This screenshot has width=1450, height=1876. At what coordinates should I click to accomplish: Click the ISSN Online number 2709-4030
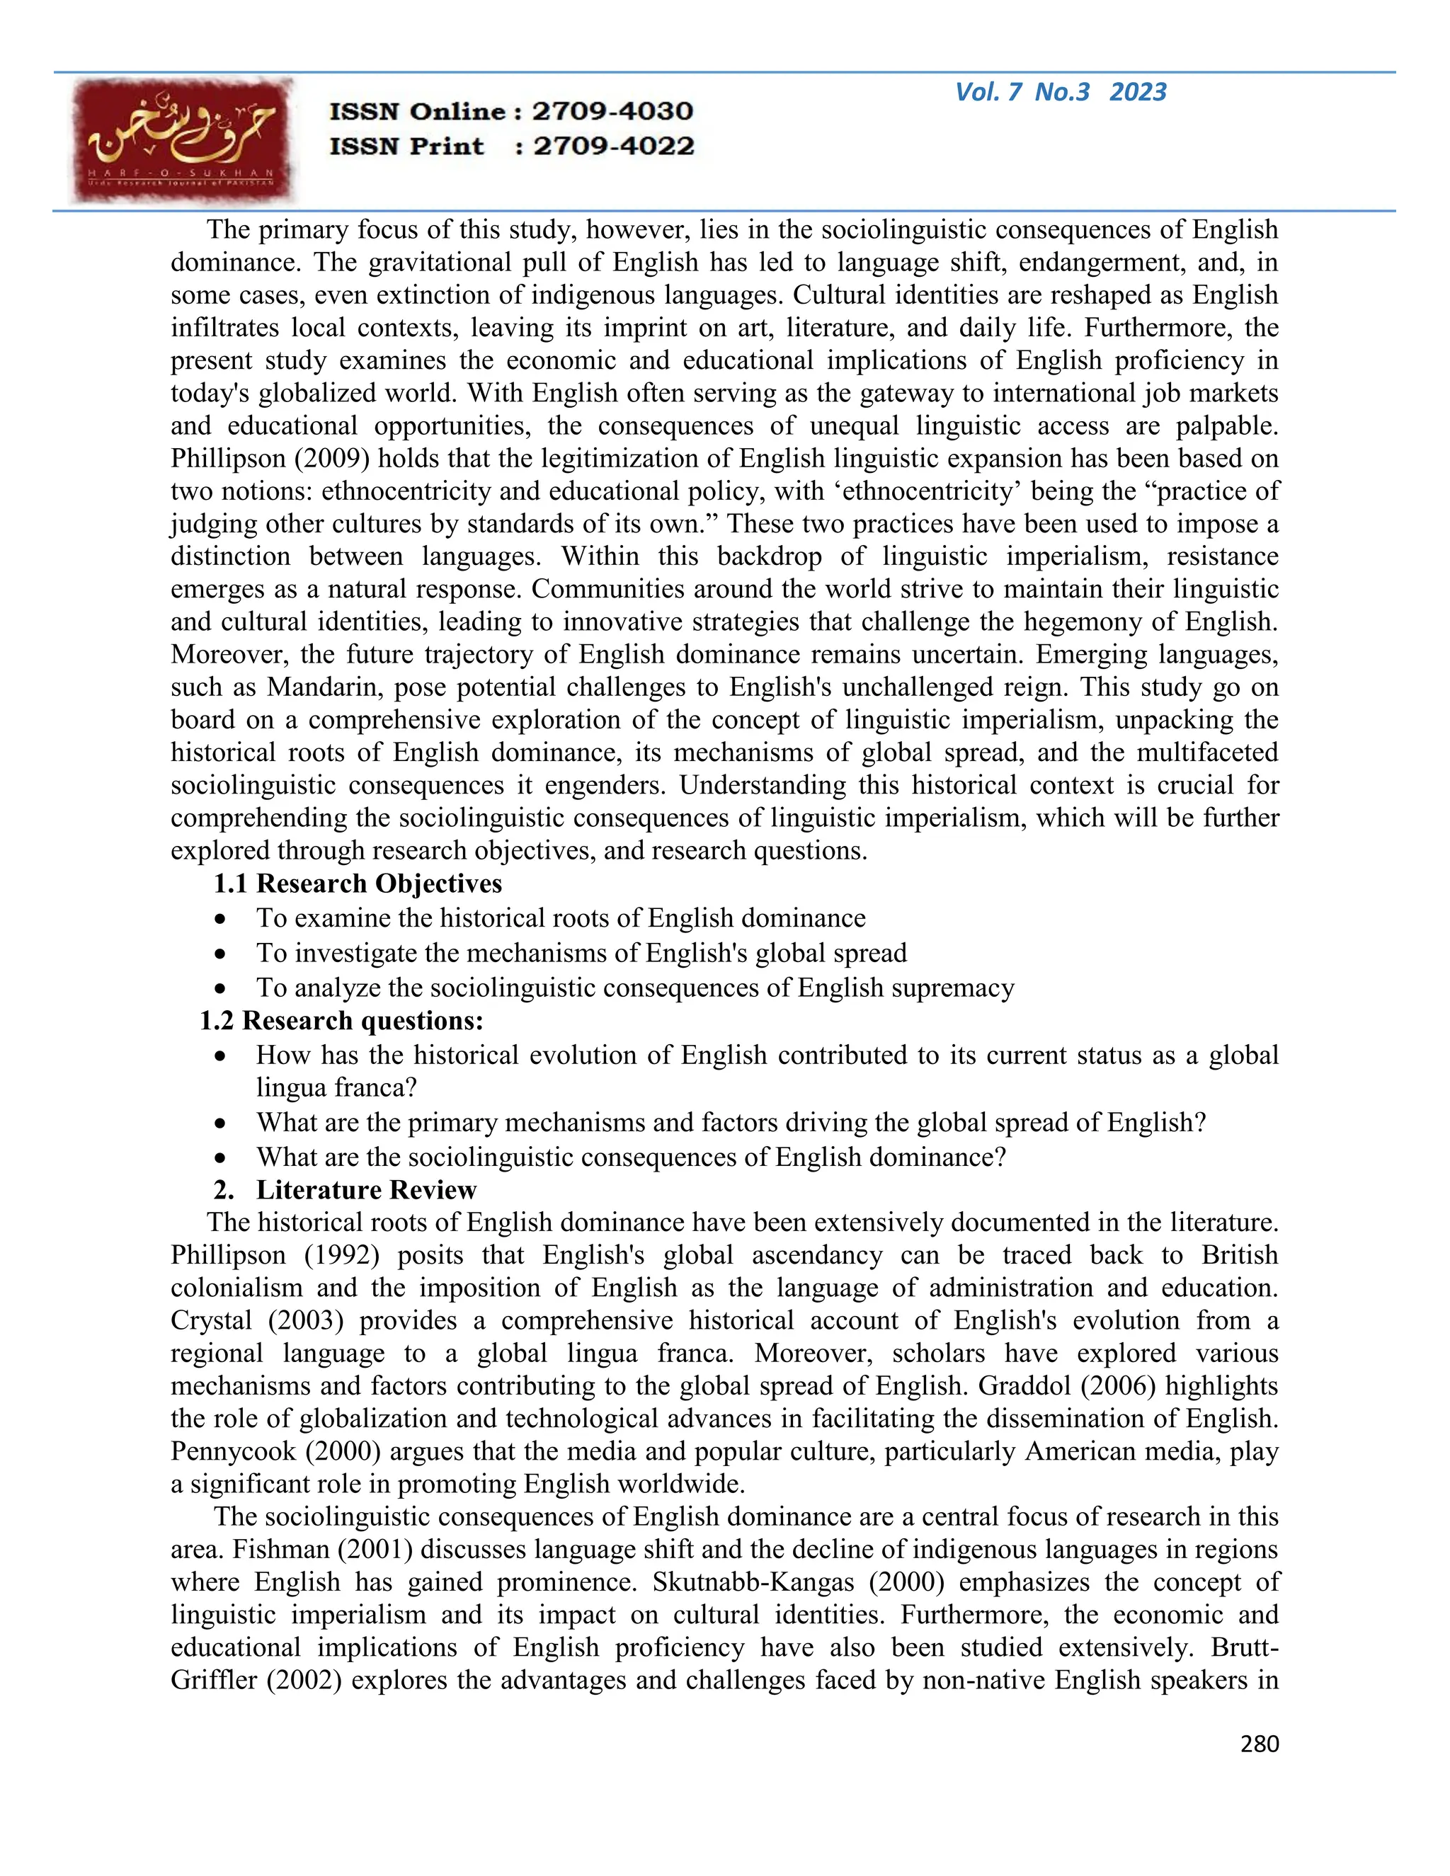pyautogui.click(x=612, y=111)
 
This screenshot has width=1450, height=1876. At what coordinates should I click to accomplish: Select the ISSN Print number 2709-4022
pyautogui.click(x=612, y=146)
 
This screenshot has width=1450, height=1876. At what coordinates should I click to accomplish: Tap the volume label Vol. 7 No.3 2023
pyautogui.click(x=1060, y=92)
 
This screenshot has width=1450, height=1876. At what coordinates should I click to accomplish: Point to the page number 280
pyautogui.click(x=1260, y=1743)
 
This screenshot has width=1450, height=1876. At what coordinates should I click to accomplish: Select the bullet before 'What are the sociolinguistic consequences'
pyautogui.click(x=222, y=1158)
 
